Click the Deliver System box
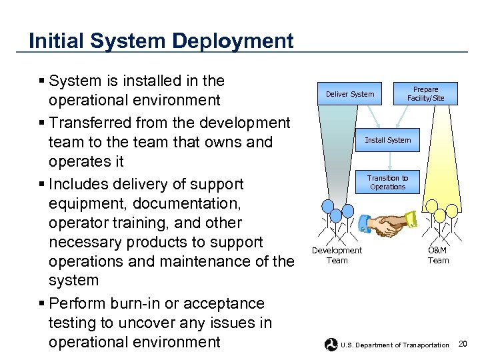350,94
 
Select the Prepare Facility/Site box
425,94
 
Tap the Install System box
387,140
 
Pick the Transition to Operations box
387,182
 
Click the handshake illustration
387,225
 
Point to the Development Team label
337,255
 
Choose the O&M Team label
438,255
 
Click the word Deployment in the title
233,41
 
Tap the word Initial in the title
57,41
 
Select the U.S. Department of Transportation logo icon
331,345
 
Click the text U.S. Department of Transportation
395,345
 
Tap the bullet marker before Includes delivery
41,184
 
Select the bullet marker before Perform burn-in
41,304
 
